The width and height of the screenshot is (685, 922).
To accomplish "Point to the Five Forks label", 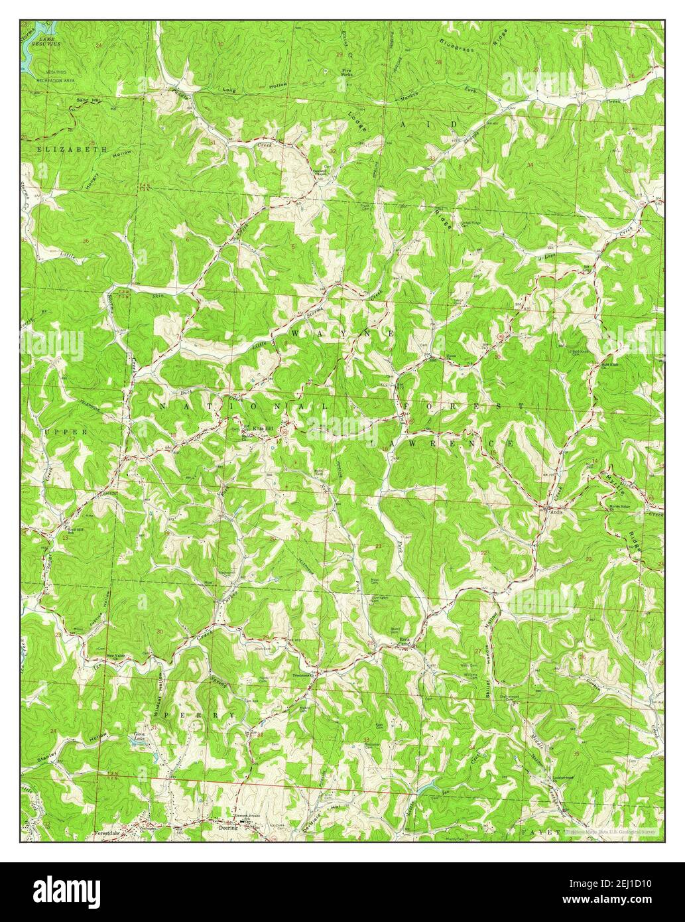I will [346, 72].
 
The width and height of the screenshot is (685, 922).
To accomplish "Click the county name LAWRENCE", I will [442, 442].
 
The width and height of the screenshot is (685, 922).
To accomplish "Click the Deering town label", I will [227, 828].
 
